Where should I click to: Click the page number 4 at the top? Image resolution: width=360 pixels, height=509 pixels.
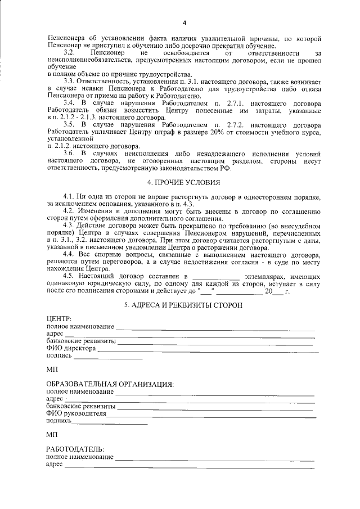(x=184, y=22)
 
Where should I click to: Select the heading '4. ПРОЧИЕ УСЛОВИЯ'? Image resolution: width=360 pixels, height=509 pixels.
(x=184, y=183)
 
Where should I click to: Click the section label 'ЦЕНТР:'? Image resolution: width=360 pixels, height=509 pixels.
(x=59, y=319)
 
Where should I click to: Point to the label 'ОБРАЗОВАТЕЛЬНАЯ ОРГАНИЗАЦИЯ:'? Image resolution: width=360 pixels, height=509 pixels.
(x=110, y=384)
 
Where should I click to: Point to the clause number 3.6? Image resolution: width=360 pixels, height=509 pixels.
(x=69, y=154)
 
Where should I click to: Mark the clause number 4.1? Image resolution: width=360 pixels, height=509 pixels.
(x=69, y=195)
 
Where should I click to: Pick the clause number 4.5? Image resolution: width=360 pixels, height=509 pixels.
(x=69, y=276)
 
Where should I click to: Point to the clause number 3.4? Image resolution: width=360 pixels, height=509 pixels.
(x=69, y=103)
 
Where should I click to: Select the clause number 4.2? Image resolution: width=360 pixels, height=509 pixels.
(x=69, y=210)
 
